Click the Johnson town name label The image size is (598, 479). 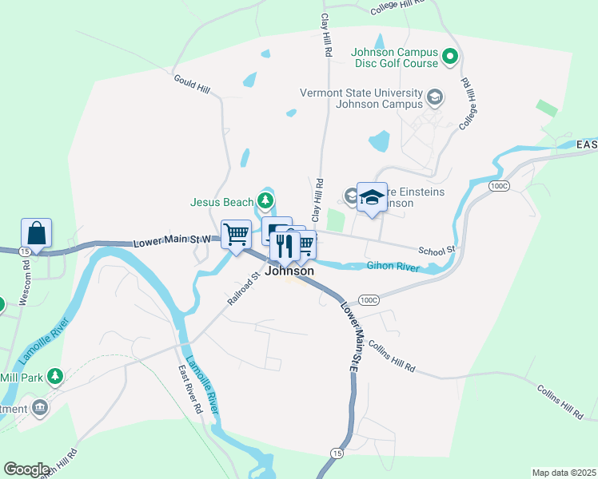tap(289, 271)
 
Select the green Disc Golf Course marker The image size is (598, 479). tap(449, 57)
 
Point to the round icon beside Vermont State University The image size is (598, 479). tap(435, 97)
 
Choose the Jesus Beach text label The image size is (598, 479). tap(221, 202)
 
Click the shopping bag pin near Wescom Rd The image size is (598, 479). tap(37, 233)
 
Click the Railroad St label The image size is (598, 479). tap(244, 289)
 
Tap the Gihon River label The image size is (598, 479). tap(393, 267)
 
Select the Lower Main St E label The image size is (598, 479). tap(353, 335)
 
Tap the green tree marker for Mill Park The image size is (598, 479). tap(55, 374)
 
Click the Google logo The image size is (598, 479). tap(26, 469)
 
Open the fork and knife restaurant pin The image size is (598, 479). tap(284, 247)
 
